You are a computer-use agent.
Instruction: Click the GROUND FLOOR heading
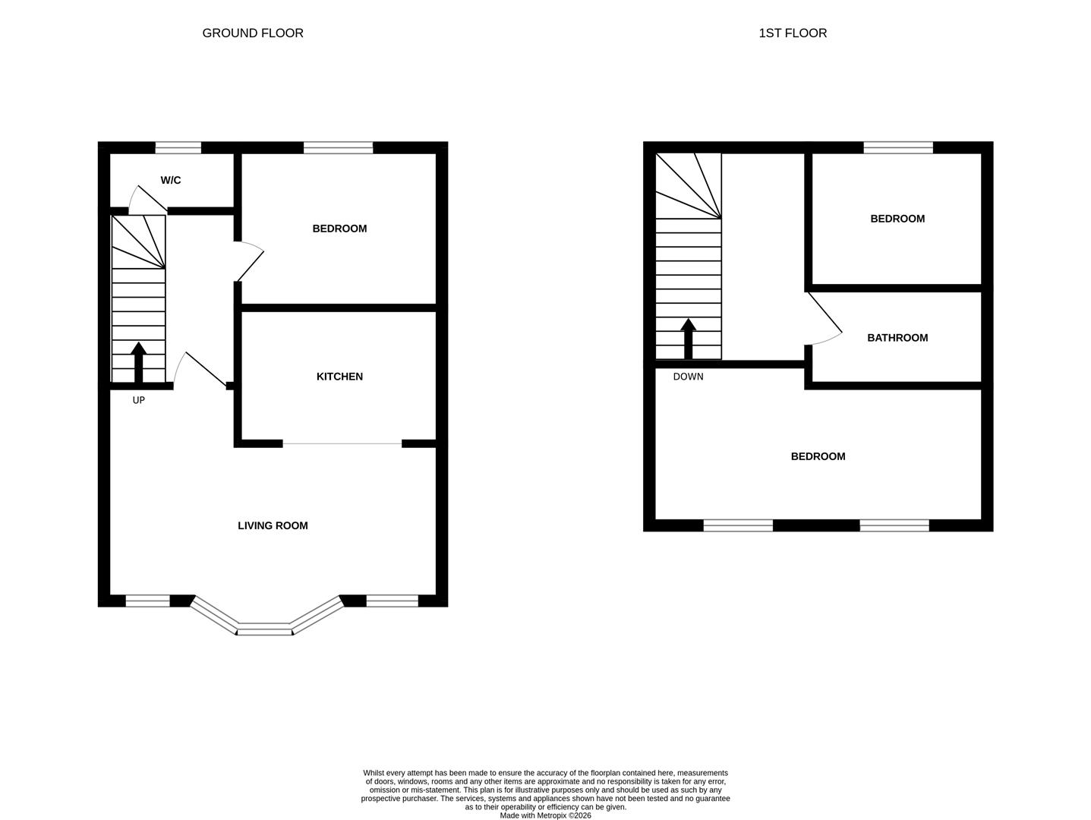[253, 33]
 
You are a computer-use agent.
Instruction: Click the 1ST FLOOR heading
[793, 33]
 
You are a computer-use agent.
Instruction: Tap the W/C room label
[171, 180]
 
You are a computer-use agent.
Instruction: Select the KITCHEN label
[339, 377]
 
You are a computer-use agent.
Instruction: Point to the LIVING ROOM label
[273, 525]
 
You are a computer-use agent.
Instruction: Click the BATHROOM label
[897, 338]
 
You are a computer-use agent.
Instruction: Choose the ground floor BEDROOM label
[339, 229]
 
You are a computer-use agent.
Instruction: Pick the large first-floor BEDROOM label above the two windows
[818, 456]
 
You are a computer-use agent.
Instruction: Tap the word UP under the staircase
[138, 400]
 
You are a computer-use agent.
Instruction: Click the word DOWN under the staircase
[688, 377]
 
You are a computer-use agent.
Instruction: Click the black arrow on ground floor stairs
[138, 362]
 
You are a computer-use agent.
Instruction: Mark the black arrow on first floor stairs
[688, 338]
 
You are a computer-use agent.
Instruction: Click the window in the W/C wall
[178, 148]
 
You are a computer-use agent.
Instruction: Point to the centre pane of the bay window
[264, 629]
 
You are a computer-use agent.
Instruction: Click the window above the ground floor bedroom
[338, 148]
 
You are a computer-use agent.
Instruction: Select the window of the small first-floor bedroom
[898, 148]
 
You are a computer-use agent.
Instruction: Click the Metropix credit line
[545, 815]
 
